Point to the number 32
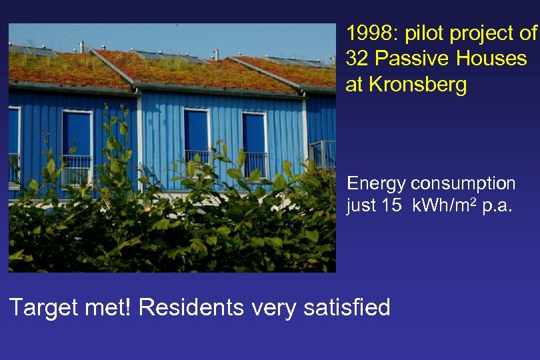pyautogui.click(x=358, y=59)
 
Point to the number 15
pyautogui.click(x=393, y=207)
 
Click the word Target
pyautogui.click(x=41, y=307)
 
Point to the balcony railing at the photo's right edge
pyautogui.click(x=323, y=154)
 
